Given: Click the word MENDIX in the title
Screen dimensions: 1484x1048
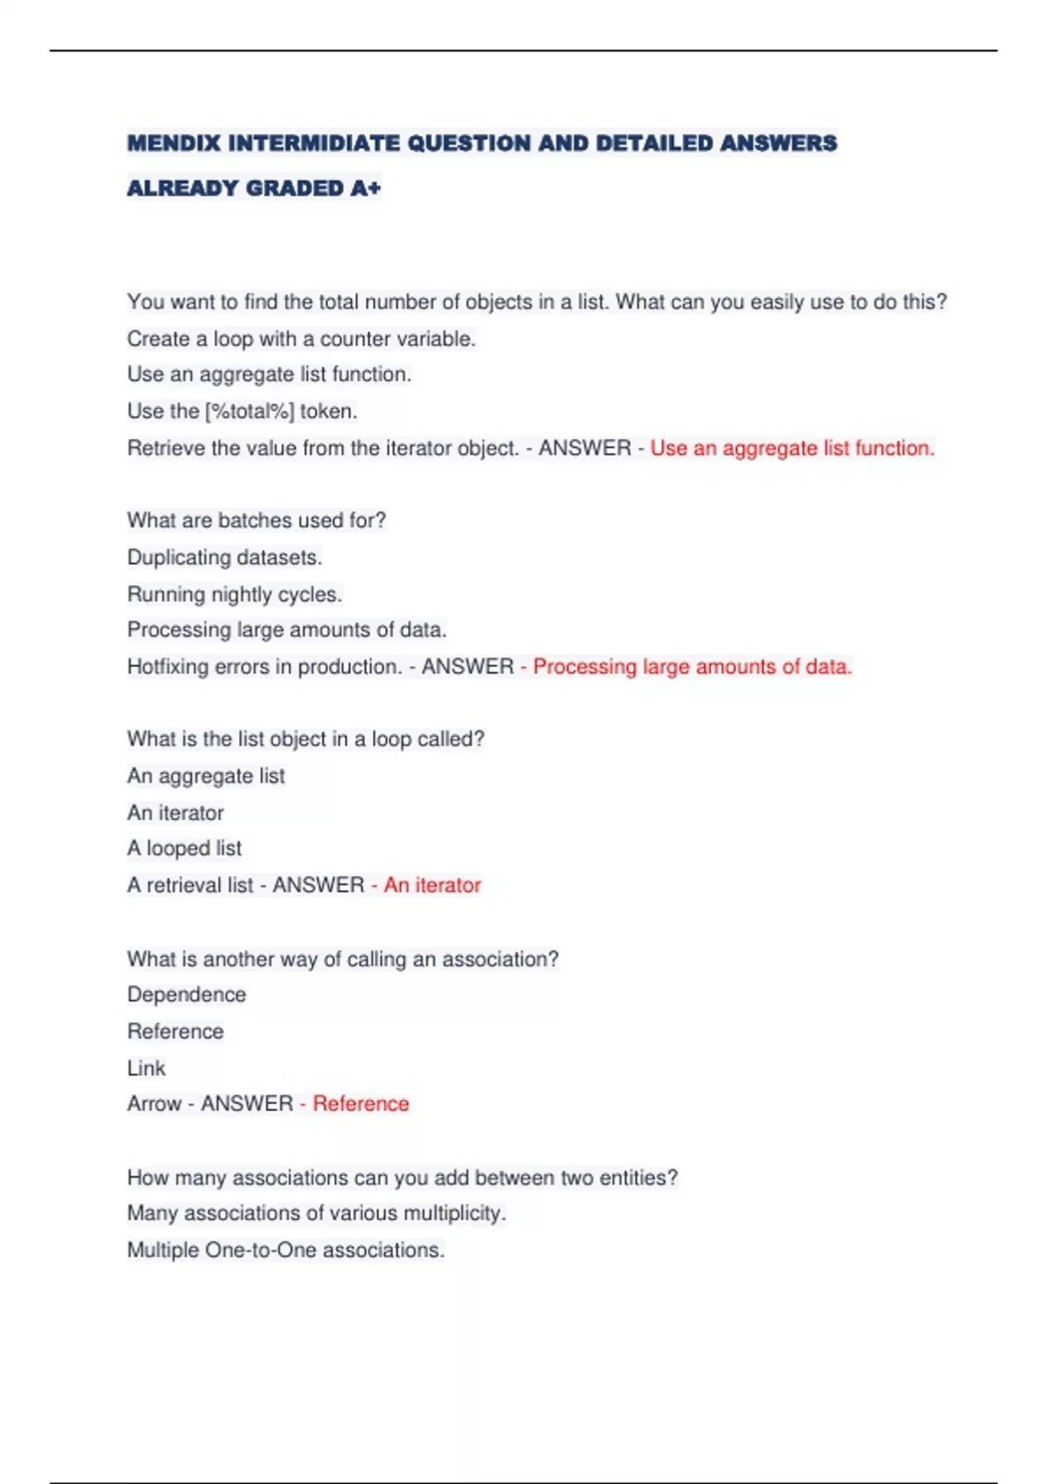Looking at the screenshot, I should [x=174, y=143].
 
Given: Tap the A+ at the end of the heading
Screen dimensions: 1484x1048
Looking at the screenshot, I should [x=366, y=189].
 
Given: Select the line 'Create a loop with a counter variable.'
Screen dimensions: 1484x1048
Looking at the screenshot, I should [x=301, y=339].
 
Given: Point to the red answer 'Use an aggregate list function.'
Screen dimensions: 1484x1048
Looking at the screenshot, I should [x=792, y=449].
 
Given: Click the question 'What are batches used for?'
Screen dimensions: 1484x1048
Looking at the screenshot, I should [x=257, y=520].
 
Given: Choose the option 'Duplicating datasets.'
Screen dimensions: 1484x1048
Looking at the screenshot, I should [x=224, y=557].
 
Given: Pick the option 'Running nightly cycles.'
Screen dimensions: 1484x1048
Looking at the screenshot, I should [x=234, y=594].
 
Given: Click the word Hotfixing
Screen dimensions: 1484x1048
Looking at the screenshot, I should [x=171, y=667].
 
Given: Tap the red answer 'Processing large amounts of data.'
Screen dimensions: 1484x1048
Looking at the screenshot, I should [x=692, y=667].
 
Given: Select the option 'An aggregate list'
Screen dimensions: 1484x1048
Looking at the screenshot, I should [x=206, y=776].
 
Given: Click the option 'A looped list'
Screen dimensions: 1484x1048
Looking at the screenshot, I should [x=184, y=848].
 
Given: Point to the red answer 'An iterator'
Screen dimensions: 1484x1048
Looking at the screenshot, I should [x=432, y=885].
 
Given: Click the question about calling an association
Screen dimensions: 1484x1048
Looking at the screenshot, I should [x=342, y=959].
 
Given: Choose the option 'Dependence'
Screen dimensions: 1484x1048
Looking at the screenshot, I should [x=186, y=995].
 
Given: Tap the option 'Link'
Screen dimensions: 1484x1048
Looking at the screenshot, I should [x=146, y=1068].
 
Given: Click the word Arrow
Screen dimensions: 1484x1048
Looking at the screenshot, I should [x=155, y=1104].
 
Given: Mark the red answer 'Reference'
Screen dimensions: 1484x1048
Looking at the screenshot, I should [x=361, y=1104].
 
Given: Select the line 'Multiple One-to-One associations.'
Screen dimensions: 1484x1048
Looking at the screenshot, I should [x=286, y=1250].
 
